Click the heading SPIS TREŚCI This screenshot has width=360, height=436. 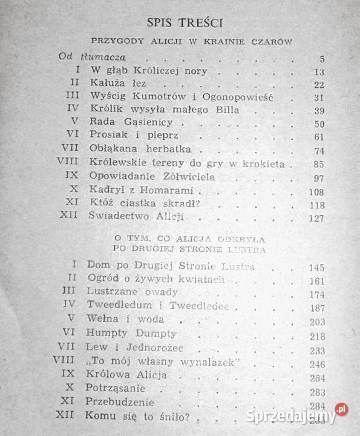[185, 23]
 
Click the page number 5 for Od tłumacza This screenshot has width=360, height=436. [321, 59]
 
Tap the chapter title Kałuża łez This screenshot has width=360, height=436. [117, 84]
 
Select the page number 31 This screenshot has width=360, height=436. [319, 97]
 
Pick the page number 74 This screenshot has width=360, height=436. [319, 151]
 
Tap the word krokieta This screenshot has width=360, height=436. [262, 163]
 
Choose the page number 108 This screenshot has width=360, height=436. [316, 191]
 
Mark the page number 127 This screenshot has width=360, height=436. [316, 218]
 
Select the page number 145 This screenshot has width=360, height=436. [316, 267]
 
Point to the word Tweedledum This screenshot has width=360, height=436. [118, 306]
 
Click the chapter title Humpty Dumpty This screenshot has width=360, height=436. [131, 334]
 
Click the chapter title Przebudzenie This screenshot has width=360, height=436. [120, 403]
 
